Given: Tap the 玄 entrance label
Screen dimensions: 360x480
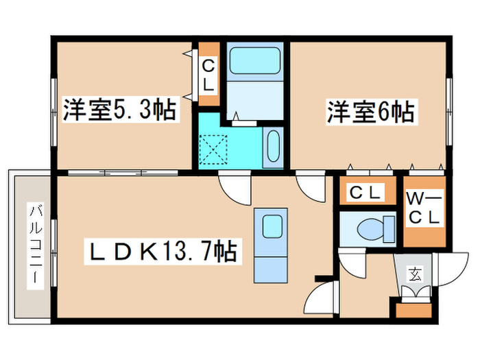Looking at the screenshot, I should coord(414,276).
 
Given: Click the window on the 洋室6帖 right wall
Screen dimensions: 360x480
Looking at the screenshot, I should coord(448,110).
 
